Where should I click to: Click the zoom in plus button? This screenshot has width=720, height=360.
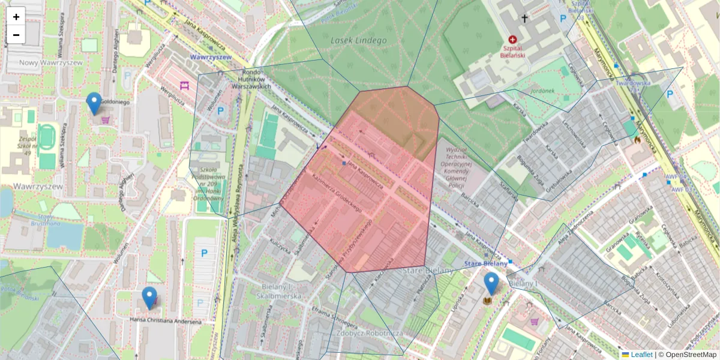pyautogui.click(x=16, y=17)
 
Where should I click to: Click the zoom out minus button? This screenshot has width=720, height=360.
pyautogui.click(x=16, y=35)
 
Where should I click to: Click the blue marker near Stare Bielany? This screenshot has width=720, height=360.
pyautogui.click(x=491, y=283)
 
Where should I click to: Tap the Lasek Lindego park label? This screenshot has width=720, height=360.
pyautogui.click(x=358, y=40)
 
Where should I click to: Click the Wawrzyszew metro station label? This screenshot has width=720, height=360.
pyautogui.click(x=211, y=57)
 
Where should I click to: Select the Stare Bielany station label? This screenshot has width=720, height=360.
pyautogui.click(x=486, y=263)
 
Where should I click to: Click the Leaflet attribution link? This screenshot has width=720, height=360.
pyautogui.click(x=641, y=355)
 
